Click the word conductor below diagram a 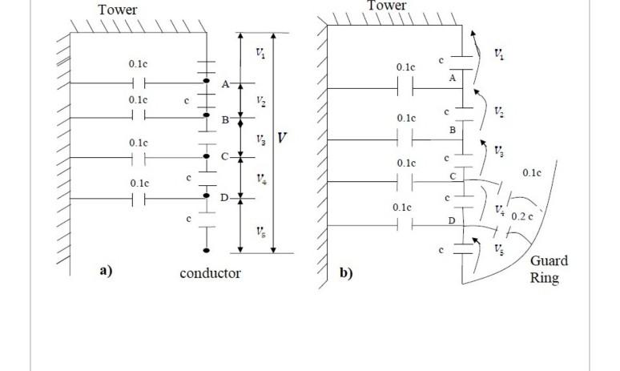[x=210, y=273]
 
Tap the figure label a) [x=106, y=270]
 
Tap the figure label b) [x=346, y=272]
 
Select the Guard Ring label [x=549, y=270]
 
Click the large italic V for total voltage [x=282, y=138]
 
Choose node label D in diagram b [x=452, y=220]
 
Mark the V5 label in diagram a [x=261, y=231]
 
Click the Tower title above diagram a [x=118, y=10]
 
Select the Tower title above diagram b [x=387, y=6]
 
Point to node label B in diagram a [x=225, y=119]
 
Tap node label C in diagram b [x=453, y=175]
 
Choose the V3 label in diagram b [x=499, y=151]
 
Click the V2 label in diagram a [x=261, y=101]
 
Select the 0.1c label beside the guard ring [x=532, y=172]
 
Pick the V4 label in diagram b [x=499, y=210]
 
